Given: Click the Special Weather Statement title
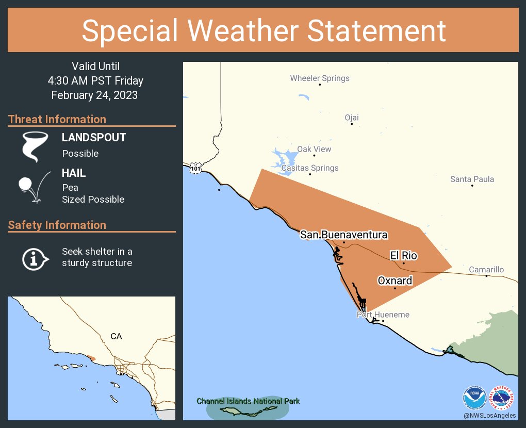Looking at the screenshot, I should (263, 30).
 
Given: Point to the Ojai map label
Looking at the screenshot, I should (352, 118).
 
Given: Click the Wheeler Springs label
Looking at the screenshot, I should (320, 78).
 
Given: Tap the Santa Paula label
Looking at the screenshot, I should (472, 179).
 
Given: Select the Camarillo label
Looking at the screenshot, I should (486, 270).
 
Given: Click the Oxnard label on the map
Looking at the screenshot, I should (395, 281).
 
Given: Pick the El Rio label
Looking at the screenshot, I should (403, 255).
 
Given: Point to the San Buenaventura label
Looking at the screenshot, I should (344, 235).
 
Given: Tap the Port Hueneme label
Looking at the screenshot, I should (383, 315).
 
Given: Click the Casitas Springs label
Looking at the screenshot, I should (310, 168).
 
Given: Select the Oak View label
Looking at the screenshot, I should (314, 149).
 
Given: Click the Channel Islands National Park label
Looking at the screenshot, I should (248, 401).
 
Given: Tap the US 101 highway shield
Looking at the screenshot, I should (195, 168).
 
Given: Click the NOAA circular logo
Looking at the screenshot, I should (474, 398).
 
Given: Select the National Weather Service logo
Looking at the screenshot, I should (502, 398).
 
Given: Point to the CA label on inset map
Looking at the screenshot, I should (116, 336).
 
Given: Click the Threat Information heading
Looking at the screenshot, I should (57, 119).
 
